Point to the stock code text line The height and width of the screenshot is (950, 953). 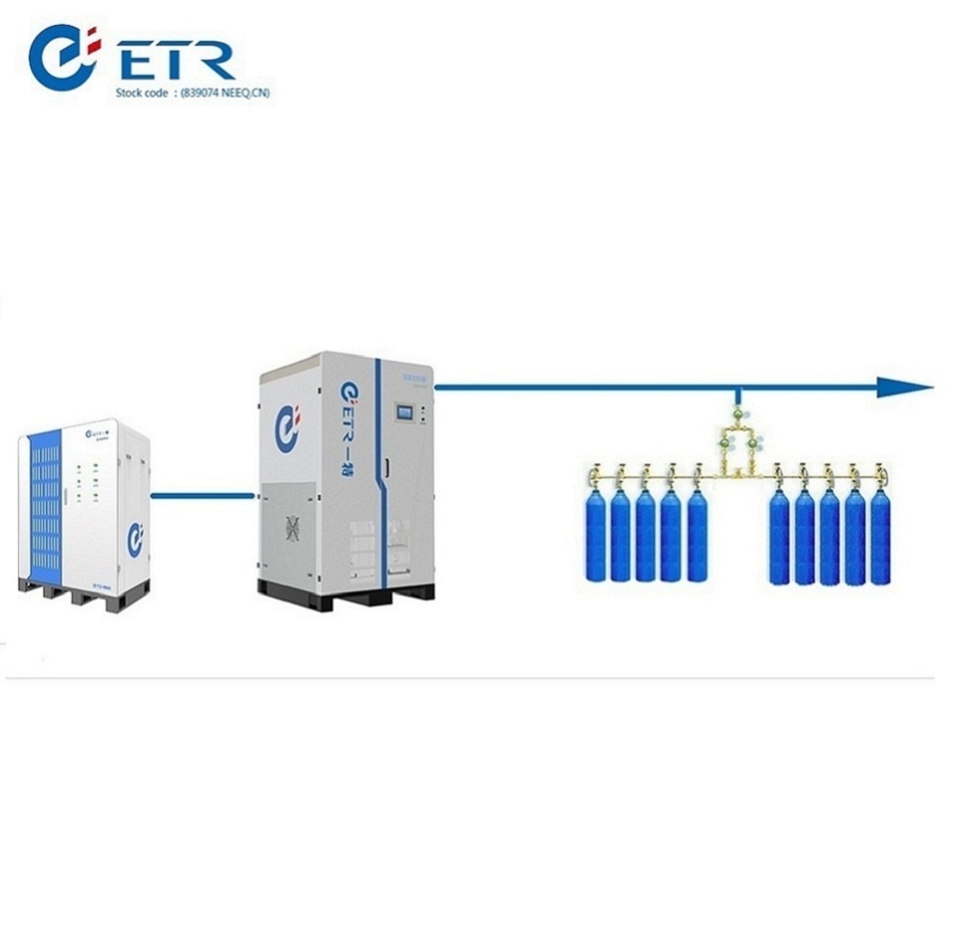click(192, 95)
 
